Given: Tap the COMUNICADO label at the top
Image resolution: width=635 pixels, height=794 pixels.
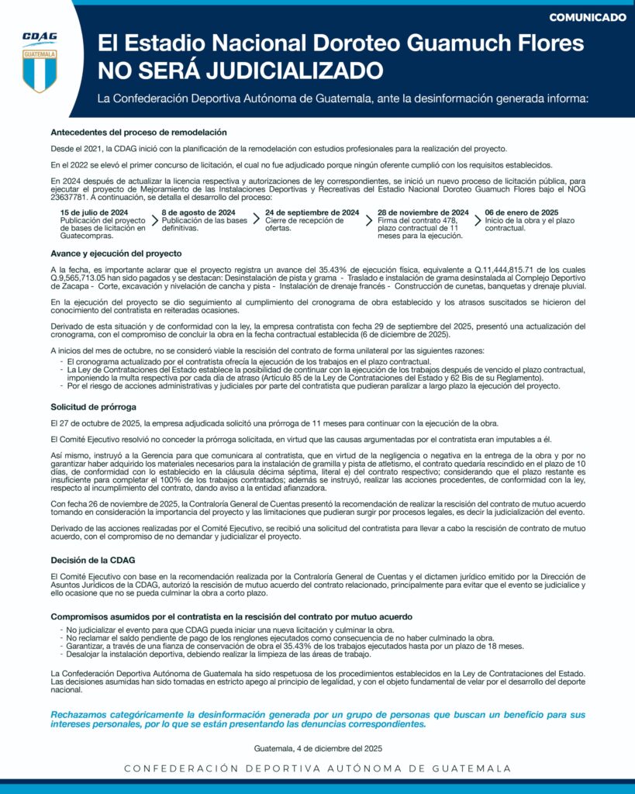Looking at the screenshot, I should point(587,17).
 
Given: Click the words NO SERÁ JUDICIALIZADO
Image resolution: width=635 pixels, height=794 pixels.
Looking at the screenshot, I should point(240,71).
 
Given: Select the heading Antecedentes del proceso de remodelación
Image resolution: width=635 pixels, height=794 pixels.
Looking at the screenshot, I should point(139,133).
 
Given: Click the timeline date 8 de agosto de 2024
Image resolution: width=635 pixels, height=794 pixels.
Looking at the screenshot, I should point(198,212).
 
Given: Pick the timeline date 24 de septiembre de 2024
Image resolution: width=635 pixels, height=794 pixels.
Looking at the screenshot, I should point(312,212).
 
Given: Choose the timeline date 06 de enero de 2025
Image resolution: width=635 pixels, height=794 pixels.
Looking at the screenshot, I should point(522,212).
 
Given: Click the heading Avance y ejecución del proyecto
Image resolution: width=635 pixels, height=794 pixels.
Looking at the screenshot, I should point(116,254).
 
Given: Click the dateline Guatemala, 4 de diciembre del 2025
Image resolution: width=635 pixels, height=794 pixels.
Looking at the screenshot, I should point(318,749).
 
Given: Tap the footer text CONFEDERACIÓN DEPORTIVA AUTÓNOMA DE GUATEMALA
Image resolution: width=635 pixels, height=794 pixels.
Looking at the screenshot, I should point(318,768).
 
